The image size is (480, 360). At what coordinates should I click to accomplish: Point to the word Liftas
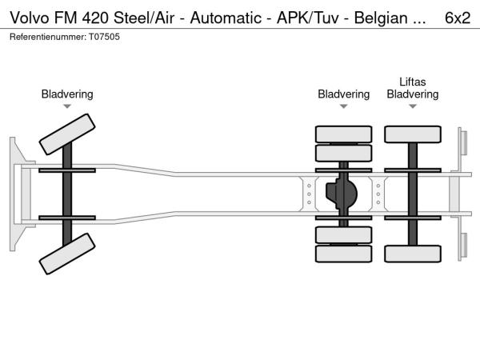(x=412, y=82)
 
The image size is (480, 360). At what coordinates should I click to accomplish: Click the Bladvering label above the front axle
(x=67, y=94)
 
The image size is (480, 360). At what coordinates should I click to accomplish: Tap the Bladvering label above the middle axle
(x=343, y=94)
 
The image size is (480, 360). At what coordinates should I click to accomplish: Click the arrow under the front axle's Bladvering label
(x=67, y=106)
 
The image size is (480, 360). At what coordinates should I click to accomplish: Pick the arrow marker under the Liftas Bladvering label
(x=412, y=106)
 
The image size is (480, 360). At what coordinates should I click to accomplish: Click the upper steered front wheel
(x=68, y=134)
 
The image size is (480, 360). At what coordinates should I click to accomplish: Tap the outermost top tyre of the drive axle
(x=343, y=134)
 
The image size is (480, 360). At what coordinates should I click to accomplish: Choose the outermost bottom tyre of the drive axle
(x=343, y=254)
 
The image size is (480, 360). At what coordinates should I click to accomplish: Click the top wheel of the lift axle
(x=412, y=134)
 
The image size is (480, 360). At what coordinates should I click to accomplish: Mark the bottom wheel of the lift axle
(x=412, y=254)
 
